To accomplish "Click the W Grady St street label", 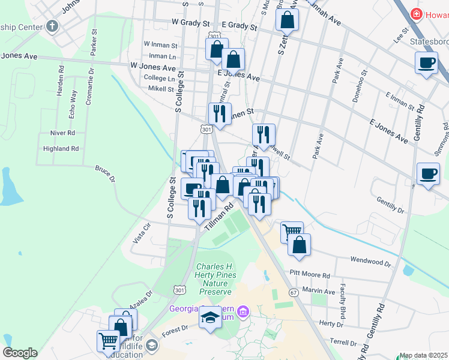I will coord(190,23).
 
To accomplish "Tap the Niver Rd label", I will coord(62,133).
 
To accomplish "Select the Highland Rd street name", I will coord(61,148).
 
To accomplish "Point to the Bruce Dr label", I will coord(104,173).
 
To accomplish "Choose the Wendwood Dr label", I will coord(370,262).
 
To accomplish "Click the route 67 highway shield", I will coord(293,292).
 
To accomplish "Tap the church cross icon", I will coord(52,26).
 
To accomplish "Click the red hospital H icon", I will coord(415,13).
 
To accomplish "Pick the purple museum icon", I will coord(243,311).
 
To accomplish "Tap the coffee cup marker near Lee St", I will coord(427,62).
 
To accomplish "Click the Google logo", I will coord(20,353).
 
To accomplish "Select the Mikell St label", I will coord(161,88).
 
